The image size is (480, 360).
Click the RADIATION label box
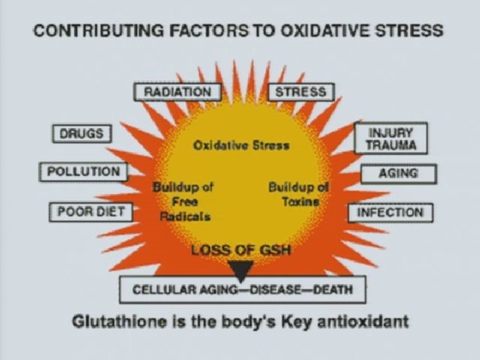177,92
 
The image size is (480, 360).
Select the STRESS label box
301,92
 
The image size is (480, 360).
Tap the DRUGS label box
81,133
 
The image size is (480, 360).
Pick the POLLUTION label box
83,171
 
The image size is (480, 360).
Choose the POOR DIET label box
91,213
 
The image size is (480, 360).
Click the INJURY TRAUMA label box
390,138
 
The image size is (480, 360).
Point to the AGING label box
398,173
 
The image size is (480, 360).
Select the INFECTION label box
390,213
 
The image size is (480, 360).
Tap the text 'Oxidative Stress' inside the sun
241,145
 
